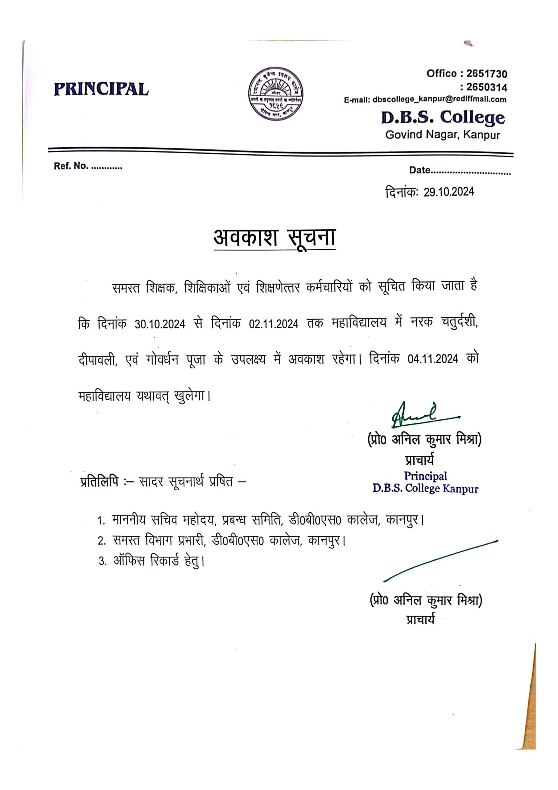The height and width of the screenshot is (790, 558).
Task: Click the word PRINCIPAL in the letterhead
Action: pos(101,89)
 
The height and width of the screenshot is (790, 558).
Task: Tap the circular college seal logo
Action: pos(275,94)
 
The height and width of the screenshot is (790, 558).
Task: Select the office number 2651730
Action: pos(486,74)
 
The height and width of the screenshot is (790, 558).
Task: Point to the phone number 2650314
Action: pos(486,87)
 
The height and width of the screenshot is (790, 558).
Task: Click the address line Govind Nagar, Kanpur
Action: pos(442,135)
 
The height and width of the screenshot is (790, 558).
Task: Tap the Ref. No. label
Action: pos(71,166)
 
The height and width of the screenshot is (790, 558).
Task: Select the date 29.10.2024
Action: pos(448,192)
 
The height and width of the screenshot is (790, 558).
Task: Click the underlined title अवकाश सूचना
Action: pos(274,238)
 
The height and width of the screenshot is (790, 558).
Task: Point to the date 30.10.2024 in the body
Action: pos(159,324)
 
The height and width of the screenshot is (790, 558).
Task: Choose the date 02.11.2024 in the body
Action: pos(274,324)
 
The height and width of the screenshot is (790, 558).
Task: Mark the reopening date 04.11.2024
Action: pos(433,359)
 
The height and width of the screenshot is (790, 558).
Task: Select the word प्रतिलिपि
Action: pos(99,482)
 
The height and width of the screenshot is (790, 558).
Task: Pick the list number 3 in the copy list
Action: pos(102,562)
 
